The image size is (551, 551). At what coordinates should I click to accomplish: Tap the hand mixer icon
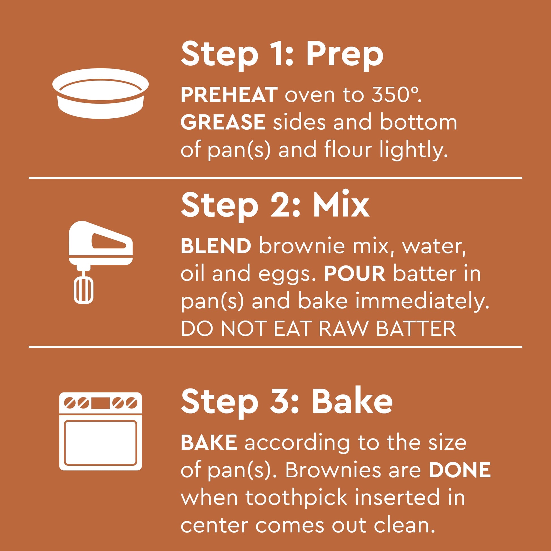click(101, 262)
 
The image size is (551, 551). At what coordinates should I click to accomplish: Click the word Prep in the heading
click(345, 55)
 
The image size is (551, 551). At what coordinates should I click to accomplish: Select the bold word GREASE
click(223, 122)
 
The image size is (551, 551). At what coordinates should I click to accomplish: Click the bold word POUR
click(355, 274)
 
